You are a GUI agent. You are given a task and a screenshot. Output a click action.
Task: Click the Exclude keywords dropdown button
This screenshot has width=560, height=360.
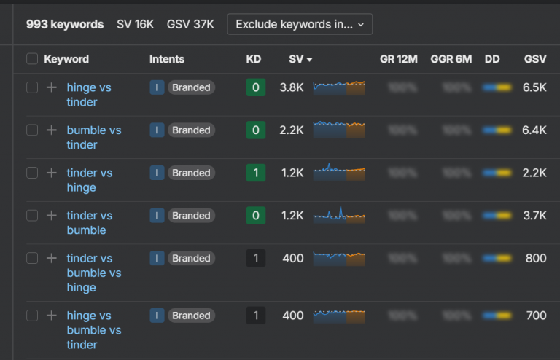point(300,24)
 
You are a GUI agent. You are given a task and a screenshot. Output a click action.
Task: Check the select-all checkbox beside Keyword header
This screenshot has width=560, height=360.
point(32,59)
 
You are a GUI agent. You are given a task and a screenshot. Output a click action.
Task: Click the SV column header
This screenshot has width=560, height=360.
point(300,59)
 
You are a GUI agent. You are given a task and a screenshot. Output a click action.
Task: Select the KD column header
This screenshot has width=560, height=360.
point(253,59)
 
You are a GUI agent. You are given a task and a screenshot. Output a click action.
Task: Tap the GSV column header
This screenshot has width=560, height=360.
point(534,59)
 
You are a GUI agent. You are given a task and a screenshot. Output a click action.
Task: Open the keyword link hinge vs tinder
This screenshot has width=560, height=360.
point(88,95)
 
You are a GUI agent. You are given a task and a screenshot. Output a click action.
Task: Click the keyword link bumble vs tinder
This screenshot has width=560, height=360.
point(93,137)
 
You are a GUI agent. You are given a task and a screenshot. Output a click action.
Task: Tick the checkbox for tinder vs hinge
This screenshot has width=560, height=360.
point(32,173)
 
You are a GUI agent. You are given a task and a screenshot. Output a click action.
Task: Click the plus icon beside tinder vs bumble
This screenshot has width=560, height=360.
point(51,216)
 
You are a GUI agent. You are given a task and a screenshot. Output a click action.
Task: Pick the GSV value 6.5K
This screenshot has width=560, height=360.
point(534,87)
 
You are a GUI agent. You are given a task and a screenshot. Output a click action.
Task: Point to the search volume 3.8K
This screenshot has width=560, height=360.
point(292,87)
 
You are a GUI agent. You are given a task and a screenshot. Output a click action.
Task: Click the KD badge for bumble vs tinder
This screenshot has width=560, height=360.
point(255,130)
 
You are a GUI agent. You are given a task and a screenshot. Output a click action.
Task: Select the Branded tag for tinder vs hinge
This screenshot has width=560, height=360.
point(191,173)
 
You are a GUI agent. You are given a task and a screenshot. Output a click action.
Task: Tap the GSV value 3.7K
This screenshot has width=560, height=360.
point(534,216)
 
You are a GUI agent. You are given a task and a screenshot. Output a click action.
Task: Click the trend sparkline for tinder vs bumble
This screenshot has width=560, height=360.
point(339,216)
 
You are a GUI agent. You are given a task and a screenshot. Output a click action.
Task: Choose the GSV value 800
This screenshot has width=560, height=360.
point(536,258)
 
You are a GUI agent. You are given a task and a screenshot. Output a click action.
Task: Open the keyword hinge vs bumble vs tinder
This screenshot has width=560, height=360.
point(93,330)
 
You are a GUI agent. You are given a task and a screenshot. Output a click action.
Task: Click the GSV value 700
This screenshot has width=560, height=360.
point(536,316)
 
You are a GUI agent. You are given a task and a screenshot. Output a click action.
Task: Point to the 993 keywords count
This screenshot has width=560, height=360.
point(65,24)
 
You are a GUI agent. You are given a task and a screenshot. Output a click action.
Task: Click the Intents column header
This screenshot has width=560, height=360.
point(167,59)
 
